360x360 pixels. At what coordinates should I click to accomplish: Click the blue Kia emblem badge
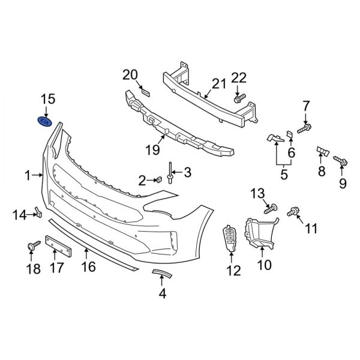(x=45, y=121)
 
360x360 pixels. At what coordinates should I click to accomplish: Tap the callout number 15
(x=47, y=98)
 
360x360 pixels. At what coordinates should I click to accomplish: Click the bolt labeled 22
(x=239, y=97)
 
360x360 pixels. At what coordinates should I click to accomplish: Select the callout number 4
(x=161, y=293)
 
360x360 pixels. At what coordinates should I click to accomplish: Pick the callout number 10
(x=263, y=264)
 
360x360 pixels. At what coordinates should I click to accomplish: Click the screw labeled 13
(x=270, y=208)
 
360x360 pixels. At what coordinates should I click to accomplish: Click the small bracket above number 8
(x=322, y=151)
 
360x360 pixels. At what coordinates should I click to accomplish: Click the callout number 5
(x=283, y=175)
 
